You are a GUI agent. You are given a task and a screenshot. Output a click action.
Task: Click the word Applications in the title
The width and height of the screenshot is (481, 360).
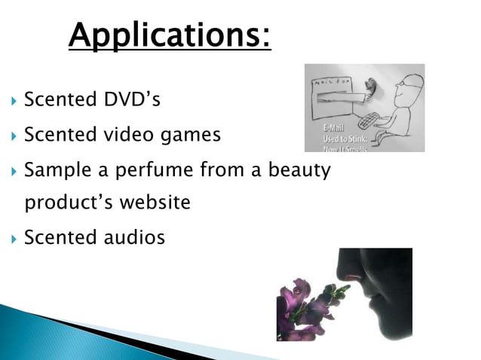[x=170, y=35]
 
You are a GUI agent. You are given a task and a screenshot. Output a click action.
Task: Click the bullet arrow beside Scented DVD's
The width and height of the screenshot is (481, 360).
[x=11, y=100]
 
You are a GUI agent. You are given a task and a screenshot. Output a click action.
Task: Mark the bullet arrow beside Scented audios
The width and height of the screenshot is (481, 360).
[x=11, y=239]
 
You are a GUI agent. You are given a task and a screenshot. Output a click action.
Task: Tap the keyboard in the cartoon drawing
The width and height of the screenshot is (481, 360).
[x=372, y=121]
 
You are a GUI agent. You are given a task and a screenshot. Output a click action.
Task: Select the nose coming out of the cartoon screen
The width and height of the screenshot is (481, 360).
[x=369, y=91]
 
